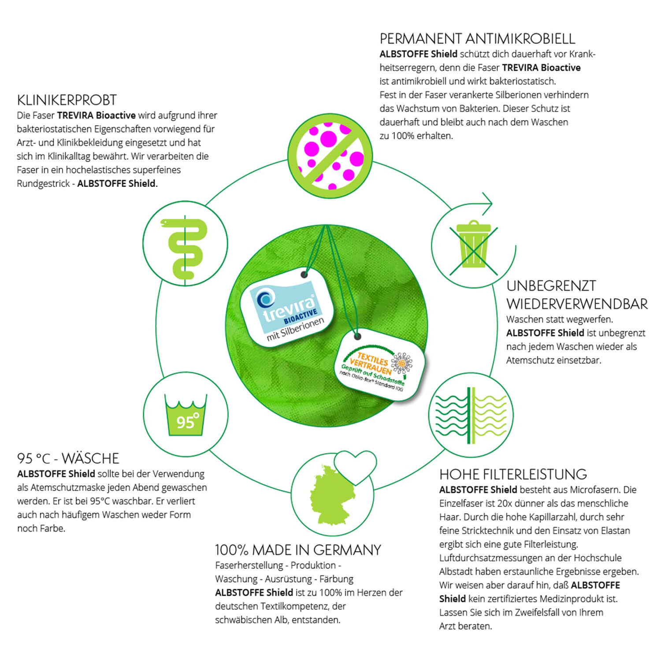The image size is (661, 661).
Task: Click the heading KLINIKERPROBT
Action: click(67, 100)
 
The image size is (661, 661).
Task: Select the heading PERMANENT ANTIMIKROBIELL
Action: click(477, 39)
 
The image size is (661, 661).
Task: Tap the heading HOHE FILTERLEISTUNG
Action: click(513, 474)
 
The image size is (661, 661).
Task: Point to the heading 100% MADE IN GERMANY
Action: click(298, 550)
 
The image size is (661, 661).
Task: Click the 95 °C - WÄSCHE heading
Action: click(68, 458)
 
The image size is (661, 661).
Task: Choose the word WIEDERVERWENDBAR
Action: click(577, 304)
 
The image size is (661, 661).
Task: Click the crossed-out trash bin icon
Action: click(474, 245)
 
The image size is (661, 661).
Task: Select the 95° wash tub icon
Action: click(186, 414)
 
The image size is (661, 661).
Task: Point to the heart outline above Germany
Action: click(355, 466)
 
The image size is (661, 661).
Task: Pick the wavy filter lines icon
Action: click(471, 415)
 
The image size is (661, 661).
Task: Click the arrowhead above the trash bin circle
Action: click(486, 203)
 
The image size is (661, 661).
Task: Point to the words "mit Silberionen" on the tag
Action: click(296, 329)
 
